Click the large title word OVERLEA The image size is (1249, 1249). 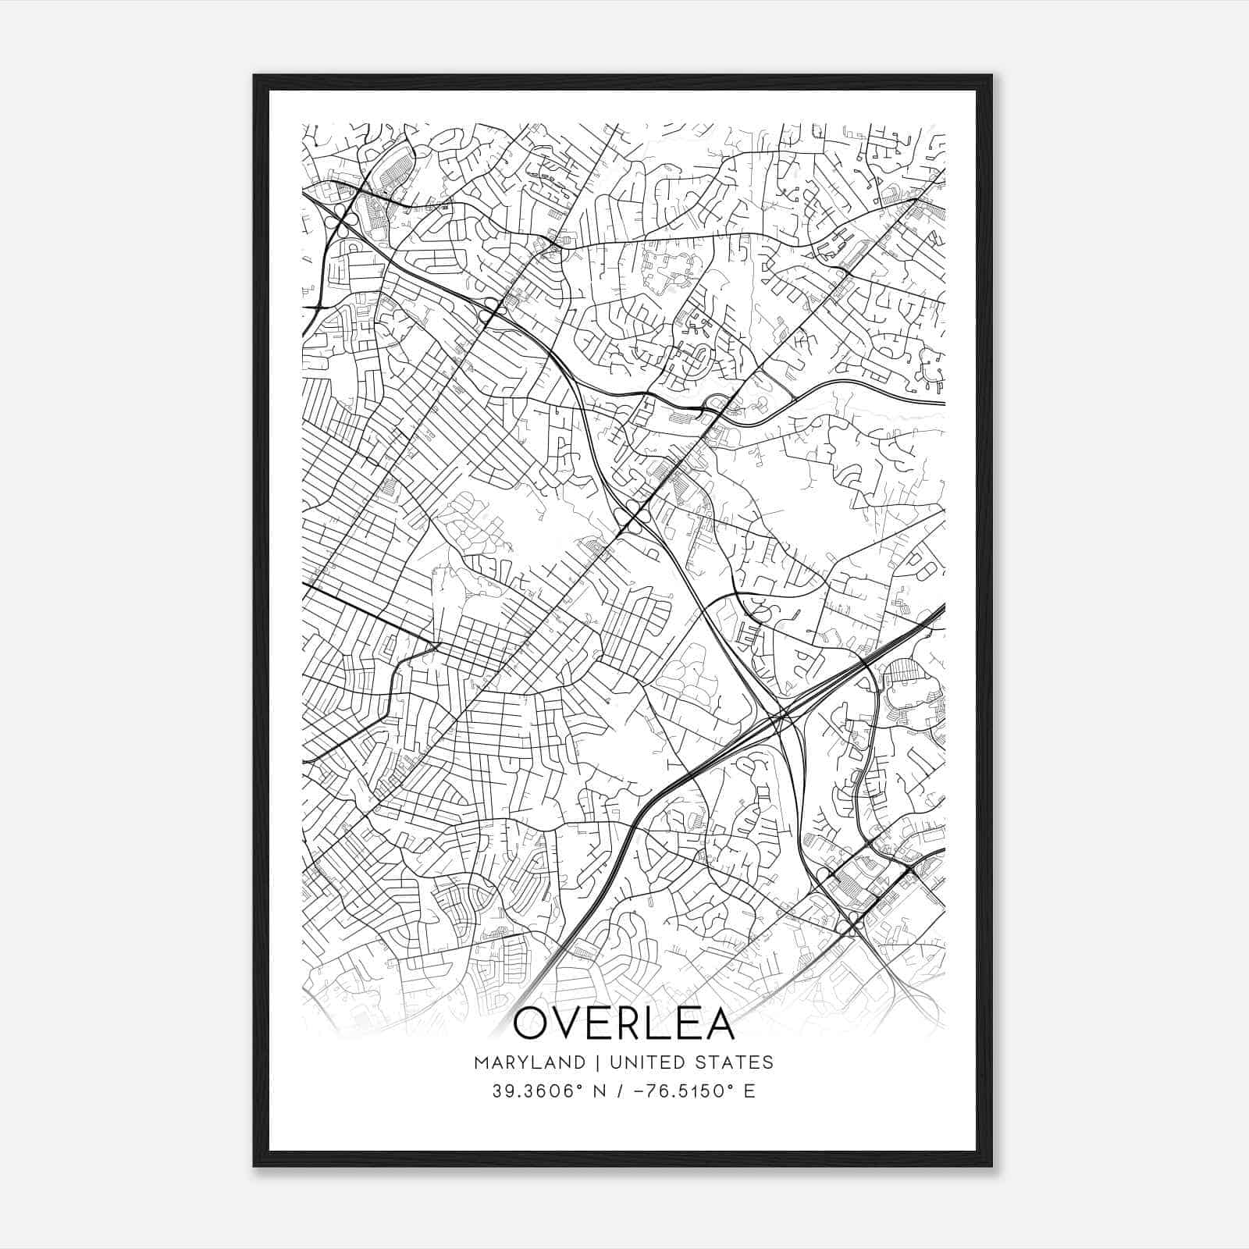coord(624,1024)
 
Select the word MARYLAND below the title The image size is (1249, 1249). coord(528,1062)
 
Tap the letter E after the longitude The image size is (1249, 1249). coord(749,1091)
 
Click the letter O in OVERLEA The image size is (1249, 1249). coord(533,1024)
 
